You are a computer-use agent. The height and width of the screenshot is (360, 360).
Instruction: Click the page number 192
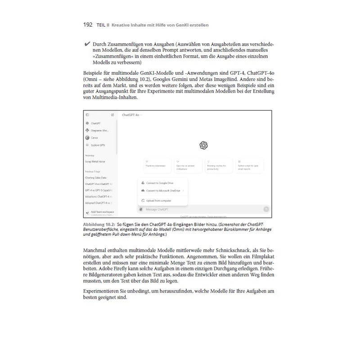click(x=88, y=25)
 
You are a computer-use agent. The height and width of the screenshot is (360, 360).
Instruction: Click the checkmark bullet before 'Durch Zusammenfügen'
click(x=87, y=45)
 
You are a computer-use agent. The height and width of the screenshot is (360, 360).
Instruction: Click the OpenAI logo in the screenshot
click(x=203, y=145)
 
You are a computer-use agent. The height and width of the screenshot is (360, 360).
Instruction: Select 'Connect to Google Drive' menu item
click(x=160, y=183)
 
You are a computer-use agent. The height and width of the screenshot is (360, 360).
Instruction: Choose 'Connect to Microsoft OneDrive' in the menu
click(x=163, y=191)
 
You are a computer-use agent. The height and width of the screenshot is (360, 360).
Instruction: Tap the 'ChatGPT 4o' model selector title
click(x=131, y=115)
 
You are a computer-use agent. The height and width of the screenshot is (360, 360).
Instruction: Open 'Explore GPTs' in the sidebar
click(x=98, y=145)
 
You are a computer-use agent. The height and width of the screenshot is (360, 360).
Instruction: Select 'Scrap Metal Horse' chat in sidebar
click(x=95, y=161)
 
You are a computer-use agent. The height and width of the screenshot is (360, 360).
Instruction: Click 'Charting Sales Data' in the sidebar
click(x=96, y=177)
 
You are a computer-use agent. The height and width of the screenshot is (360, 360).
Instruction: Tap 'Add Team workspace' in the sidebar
click(x=102, y=211)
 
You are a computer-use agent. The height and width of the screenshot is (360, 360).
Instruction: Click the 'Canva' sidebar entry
click(x=94, y=138)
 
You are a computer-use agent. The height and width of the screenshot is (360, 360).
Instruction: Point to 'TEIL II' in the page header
click(x=103, y=25)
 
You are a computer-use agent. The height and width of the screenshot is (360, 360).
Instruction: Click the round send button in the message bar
click(x=266, y=209)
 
